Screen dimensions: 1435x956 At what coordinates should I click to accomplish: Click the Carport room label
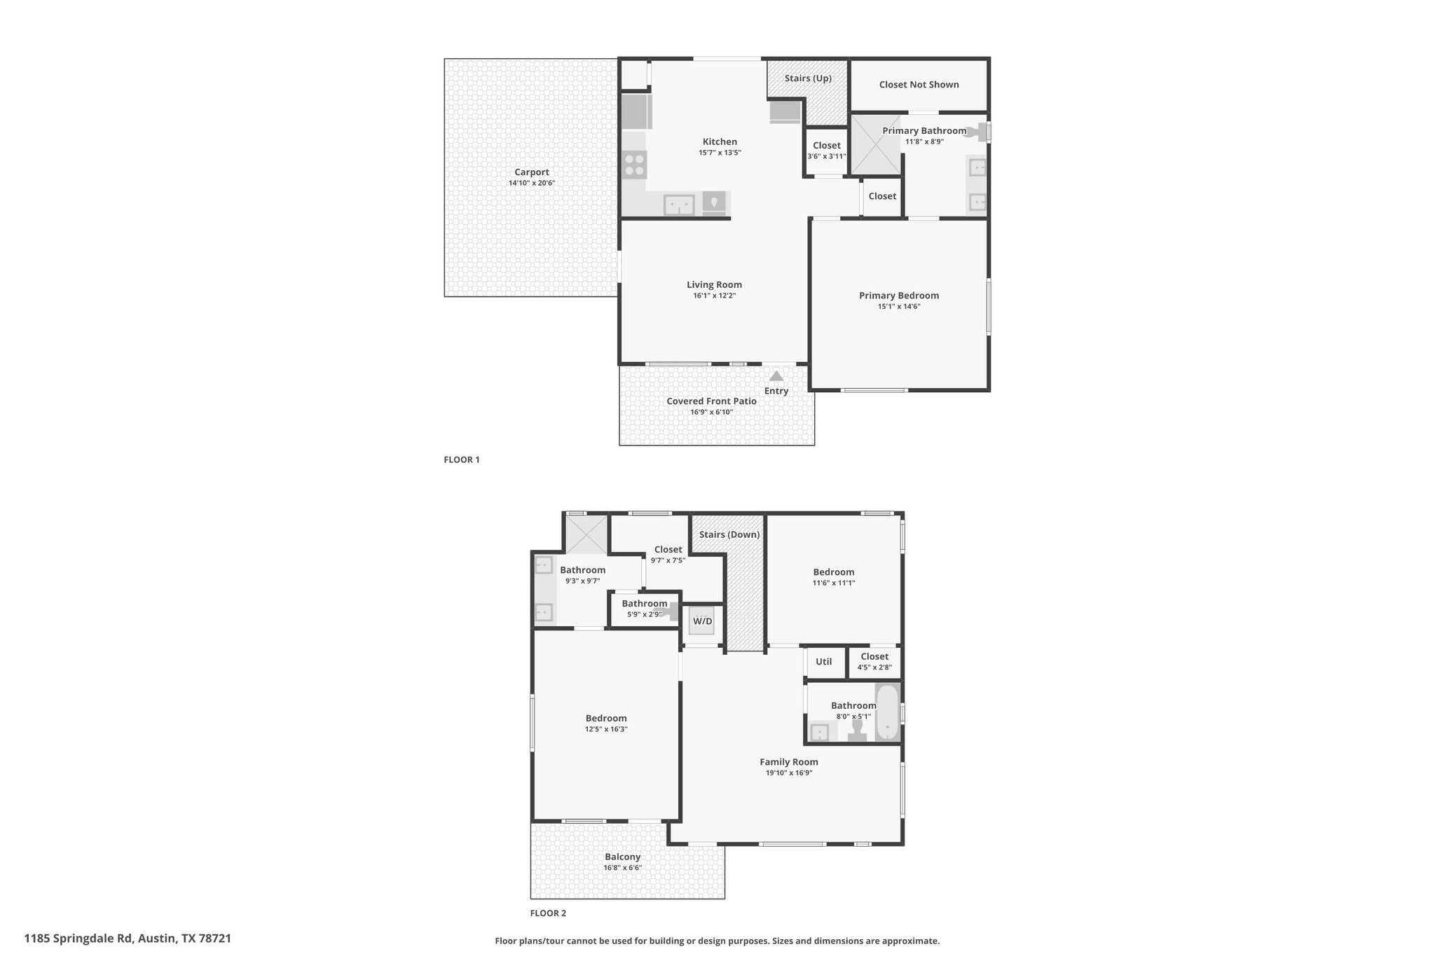tap(532, 172)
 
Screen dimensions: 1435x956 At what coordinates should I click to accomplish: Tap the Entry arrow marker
tap(776, 376)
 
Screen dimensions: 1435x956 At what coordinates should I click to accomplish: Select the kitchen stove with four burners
tap(635, 165)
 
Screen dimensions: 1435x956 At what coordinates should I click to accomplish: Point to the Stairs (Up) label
tap(808, 78)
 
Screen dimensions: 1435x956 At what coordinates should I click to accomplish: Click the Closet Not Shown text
tap(919, 85)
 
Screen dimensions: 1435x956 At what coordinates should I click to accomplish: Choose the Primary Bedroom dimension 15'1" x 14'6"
tap(899, 307)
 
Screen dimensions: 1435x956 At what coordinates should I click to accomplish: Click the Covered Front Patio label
tap(711, 401)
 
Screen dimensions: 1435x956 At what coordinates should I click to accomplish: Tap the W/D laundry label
tap(703, 621)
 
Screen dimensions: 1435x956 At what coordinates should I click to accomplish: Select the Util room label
tap(824, 662)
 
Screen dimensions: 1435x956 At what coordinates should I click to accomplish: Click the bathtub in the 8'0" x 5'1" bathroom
tap(887, 712)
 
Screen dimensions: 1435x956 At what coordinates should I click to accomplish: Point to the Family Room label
tap(789, 762)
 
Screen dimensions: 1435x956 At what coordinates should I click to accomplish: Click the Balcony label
tap(623, 857)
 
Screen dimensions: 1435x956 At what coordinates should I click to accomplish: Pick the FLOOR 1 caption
tap(462, 460)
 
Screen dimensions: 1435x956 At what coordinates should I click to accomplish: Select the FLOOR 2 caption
tap(548, 913)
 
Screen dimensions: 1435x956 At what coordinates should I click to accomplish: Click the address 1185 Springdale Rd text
tap(78, 938)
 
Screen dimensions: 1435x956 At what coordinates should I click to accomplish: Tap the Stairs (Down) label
tap(729, 535)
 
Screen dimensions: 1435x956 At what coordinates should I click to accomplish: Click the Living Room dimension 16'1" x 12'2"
tap(715, 296)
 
